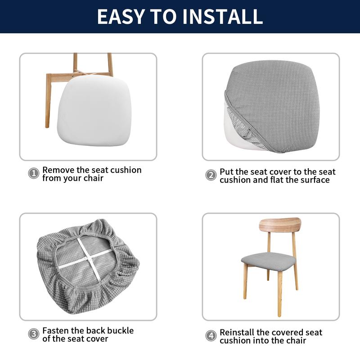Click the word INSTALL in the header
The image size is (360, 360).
pyautogui.click(x=223, y=16)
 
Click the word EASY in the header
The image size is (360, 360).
pyautogui.click(x=121, y=16)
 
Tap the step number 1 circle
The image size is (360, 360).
pyautogui.click(x=34, y=173)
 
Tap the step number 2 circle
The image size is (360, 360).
pyautogui.click(x=211, y=175)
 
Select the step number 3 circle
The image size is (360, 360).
pyautogui.click(x=34, y=333)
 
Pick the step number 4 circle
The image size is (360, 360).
pyautogui.click(x=211, y=335)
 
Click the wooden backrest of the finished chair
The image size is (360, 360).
pyautogui.click(x=280, y=225)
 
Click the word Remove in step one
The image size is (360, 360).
pyautogui.click(x=58, y=170)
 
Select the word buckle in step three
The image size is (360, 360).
pyautogui.click(x=120, y=331)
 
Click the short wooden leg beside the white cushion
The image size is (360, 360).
pyautogui.click(x=48, y=101)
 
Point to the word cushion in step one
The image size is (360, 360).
pyautogui.click(x=126, y=170)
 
